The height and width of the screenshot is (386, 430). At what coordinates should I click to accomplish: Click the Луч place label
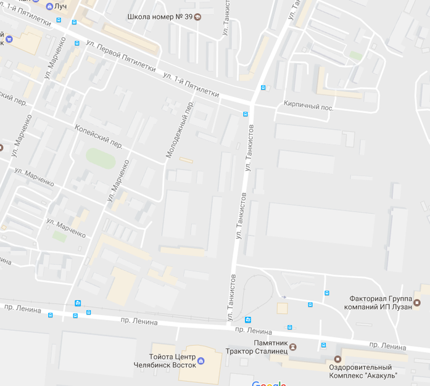(x=60, y=6)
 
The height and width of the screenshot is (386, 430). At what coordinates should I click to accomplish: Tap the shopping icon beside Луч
(x=49, y=6)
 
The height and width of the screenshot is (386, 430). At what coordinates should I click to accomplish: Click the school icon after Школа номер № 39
(x=197, y=17)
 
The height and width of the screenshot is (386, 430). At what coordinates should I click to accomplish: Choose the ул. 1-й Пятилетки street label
(x=191, y=84)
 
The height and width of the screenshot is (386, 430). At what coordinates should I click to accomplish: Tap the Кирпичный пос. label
(x=308, y=107)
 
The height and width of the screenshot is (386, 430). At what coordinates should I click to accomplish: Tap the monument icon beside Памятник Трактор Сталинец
(x=293, y=347)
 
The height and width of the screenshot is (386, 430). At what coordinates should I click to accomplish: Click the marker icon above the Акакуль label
(x=337, y=359)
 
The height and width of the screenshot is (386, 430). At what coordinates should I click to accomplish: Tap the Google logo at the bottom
(x=270, y=383)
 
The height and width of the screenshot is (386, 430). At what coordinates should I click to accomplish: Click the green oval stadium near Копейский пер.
(x=101, y=157)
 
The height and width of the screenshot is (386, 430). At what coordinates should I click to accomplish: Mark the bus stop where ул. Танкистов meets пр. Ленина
(x=248, y=319)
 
